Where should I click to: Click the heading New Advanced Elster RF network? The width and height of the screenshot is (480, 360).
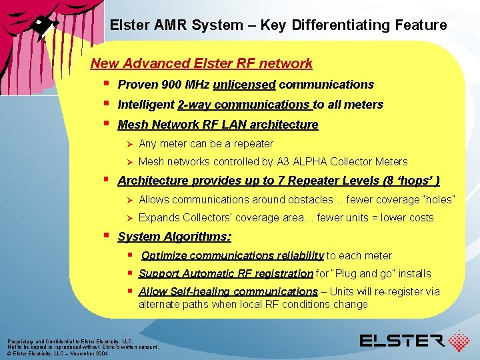pos(201,63)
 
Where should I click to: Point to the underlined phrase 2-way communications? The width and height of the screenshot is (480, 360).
pos(244,105)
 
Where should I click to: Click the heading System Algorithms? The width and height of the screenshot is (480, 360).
pos(174,237)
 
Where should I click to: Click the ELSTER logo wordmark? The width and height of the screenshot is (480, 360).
pos(401,341)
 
